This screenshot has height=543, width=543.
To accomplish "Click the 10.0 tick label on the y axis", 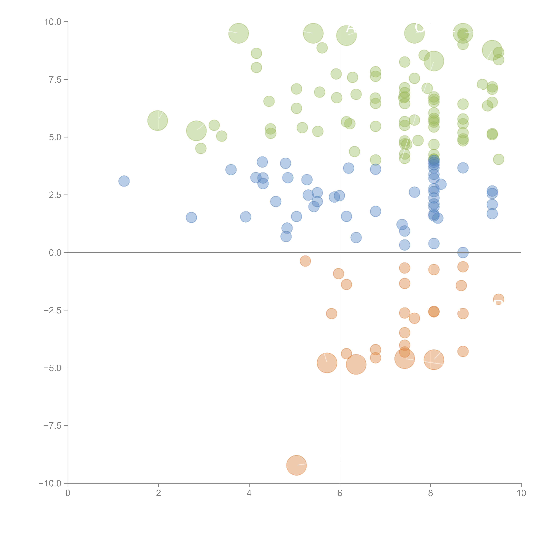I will click(x=53, y=22).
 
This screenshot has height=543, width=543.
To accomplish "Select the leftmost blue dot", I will click(x=124, y=181).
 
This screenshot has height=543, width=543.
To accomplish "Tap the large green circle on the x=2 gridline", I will click(x=158, y=121).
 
